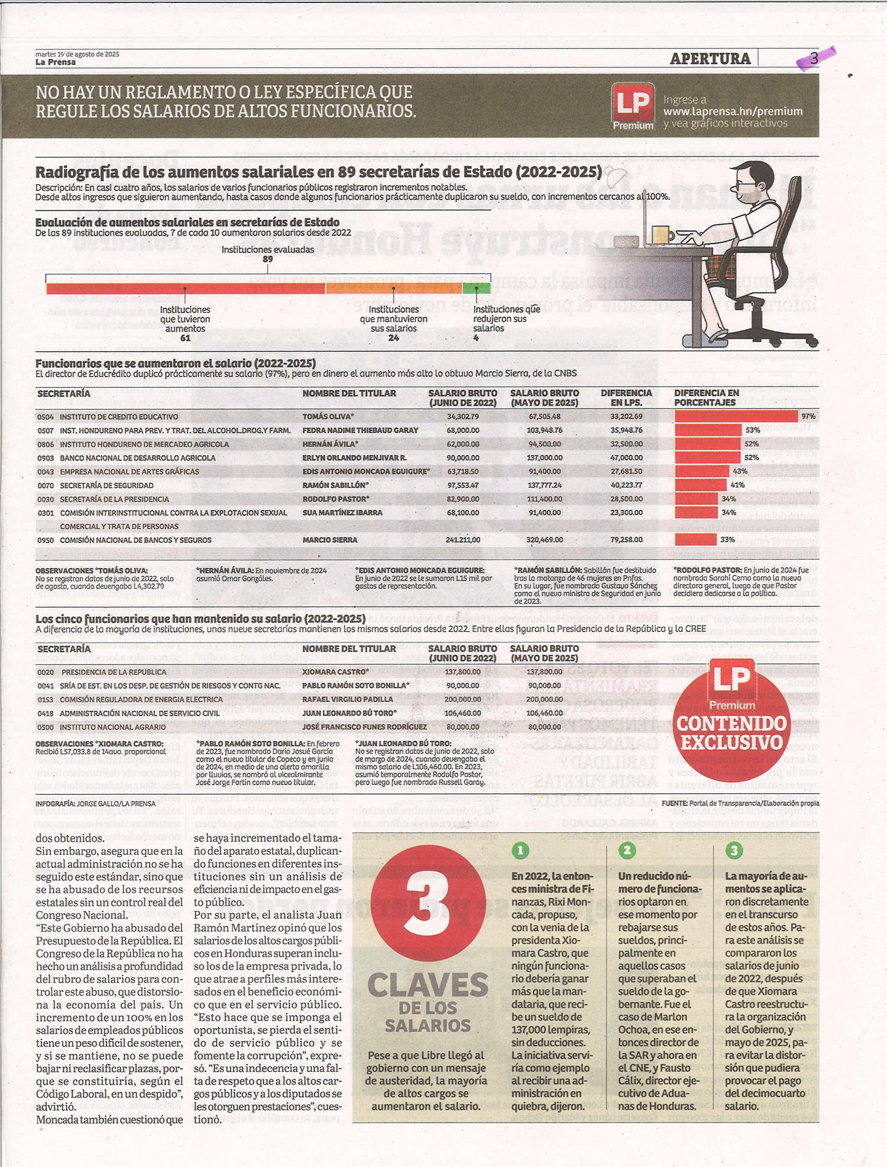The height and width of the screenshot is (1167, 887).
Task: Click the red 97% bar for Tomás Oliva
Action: (x=736, y=416)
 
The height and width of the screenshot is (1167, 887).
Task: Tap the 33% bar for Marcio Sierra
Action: (x=695, y=540)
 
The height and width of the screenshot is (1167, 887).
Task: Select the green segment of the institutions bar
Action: (x=476, y=288)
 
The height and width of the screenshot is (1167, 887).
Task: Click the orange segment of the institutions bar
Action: (x=393, y=288)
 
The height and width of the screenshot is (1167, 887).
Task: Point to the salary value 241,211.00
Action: (x=462, y=540)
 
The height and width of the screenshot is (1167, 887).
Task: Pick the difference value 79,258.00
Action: (x=626, y=540)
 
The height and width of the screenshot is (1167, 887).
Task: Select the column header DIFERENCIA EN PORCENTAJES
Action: (x=706, y=397)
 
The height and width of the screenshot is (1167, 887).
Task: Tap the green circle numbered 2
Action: (x=627, y=850)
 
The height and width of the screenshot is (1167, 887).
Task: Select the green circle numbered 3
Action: (x=734, y=850)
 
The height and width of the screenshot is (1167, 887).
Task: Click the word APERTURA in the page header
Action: (x=710, y=59)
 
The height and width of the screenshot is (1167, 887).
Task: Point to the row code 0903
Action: (x=46, y=458)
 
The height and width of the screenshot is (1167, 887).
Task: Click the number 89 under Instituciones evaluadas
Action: (x=268, y=259)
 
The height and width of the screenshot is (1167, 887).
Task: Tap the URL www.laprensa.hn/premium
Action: (x=733, y=111)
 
